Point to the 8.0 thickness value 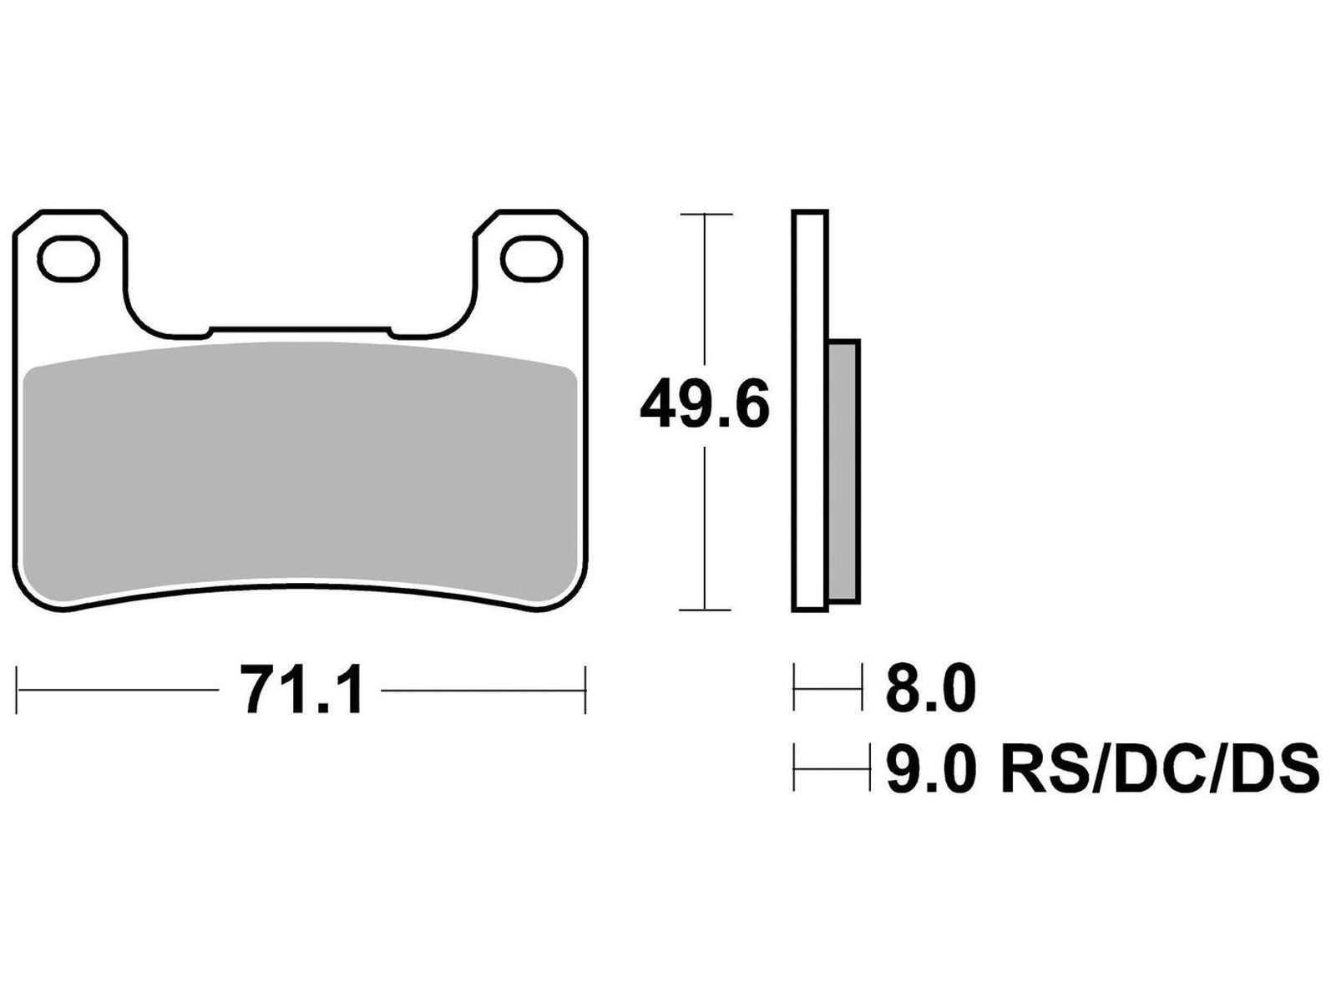pyautogui.click(x=930, y=690)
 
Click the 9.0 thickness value pyautogui.click(x=930, y=769)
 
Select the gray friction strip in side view pyautogui.click(x=843, y=472)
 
